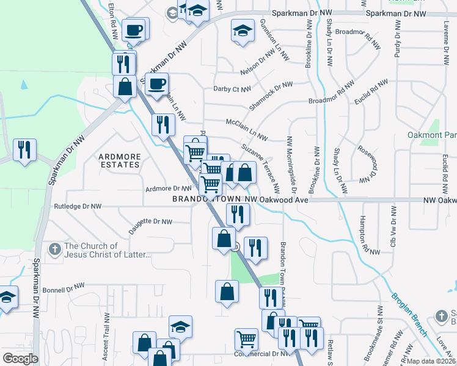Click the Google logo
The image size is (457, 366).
pyautogui.click(x=20, y=359)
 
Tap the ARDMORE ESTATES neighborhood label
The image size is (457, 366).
pyautogui.click(x=120, y=161)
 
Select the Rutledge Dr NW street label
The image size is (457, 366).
pyautogui.click(x=78, y=206)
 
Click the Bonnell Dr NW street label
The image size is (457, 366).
pyautogui.click(x=64, y=286)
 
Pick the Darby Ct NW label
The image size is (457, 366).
pyautogui.click(x=232, y=89)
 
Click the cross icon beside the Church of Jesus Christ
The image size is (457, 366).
pyautogui.click(x=54, y=248)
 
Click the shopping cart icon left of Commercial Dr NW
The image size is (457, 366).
pyautogui.click(x=246, y=339)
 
